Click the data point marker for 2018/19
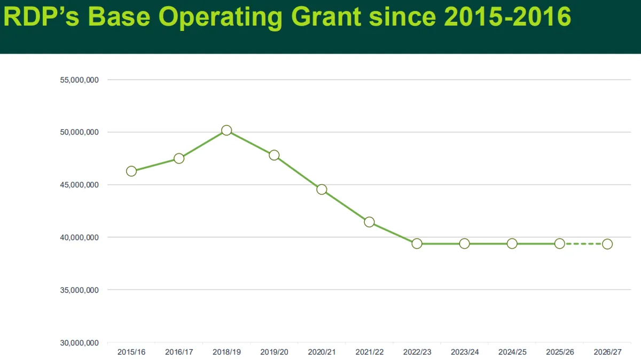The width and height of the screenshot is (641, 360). [x=226, y=130]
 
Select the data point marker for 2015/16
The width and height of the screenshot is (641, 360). [x=131, y=171]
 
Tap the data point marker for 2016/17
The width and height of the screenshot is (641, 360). [x=179, y=159]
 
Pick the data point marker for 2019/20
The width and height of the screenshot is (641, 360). [x=274, y=155]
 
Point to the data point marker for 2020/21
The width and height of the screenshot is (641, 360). [x=322, y=190]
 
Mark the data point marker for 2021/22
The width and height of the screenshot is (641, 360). [x=369, y=222]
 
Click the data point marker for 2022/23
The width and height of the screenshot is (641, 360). [x=417, y=244]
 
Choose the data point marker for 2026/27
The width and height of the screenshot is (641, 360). [x=607, y=244]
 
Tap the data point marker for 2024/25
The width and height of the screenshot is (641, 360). [x=512, y=244]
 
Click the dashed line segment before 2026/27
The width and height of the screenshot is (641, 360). [x=583, y=244]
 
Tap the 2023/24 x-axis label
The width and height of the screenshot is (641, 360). [x=464, y=353]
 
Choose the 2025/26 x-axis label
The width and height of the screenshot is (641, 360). [x=559, y=353]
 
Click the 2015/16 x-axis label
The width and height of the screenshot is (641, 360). [x=131, y=353]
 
